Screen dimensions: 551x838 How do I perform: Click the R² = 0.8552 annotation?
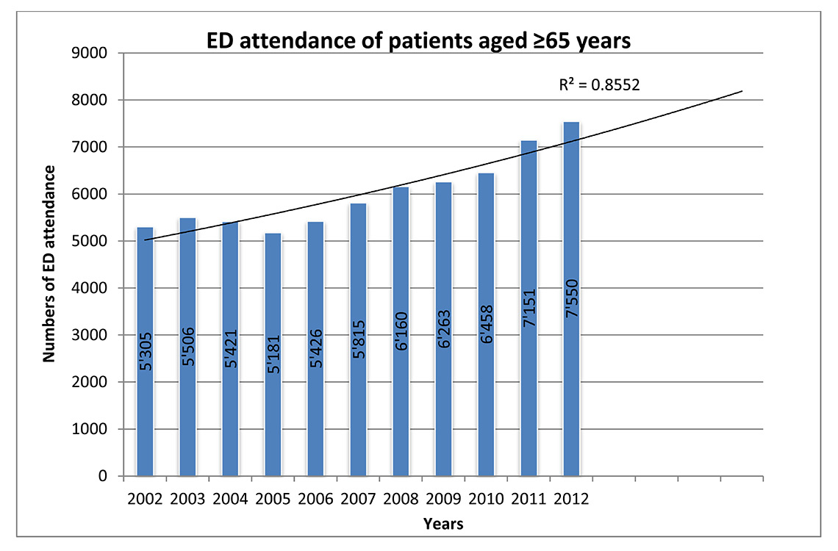pyautogui.click(x=600, y=84)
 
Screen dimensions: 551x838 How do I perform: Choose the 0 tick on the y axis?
pyautogui.click(x=103, y=476)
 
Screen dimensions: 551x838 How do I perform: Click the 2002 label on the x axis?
pyautogui.click(x=144, y=499)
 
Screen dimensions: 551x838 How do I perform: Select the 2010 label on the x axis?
pyautogui.click(x=486, y=499)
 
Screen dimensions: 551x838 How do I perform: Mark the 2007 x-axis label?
pyautogui.click(x=358, y=499)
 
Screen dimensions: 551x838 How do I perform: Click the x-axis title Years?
pyautogui.click(x=443, y=524)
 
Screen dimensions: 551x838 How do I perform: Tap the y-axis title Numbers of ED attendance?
pyautogui.click(x=50, y=264)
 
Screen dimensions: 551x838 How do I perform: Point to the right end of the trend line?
pyautogui.click(x=742, y=91)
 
